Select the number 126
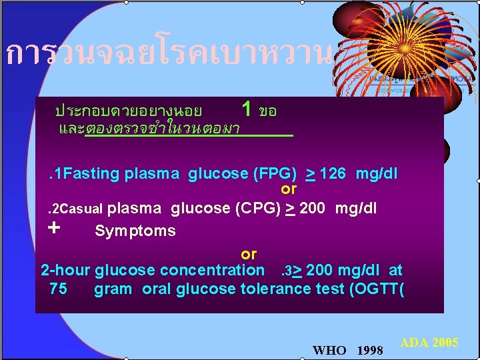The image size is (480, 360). point(333,174)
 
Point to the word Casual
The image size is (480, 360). point(82,209)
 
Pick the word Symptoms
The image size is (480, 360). point(135,231)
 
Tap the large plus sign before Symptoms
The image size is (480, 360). point(55,227)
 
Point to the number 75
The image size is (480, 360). point(58,289)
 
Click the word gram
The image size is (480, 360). point(113,289)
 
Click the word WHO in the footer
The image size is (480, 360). point(329,350)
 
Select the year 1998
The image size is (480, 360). point(370,350)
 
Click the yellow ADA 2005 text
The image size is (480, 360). point(429,343)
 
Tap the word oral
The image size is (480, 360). point(157,289)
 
